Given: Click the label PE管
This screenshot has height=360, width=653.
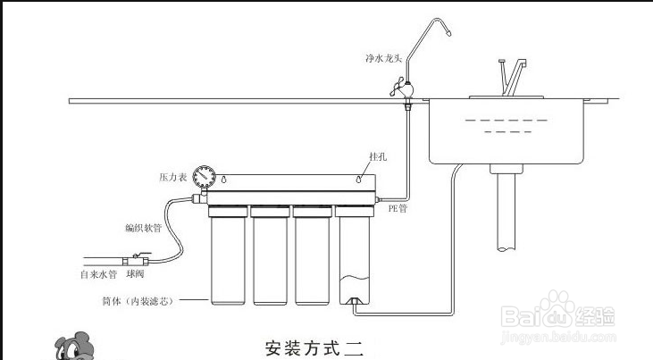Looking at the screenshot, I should (398, 208).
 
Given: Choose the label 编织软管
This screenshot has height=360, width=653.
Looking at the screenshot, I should (144, 228).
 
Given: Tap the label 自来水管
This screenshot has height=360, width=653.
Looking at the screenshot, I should (98, 273).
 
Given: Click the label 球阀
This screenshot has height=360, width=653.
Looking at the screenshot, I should (136, 273).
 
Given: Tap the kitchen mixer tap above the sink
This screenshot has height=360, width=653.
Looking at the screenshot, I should (508, 76).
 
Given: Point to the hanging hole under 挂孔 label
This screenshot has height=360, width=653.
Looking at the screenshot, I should (359, 179).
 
